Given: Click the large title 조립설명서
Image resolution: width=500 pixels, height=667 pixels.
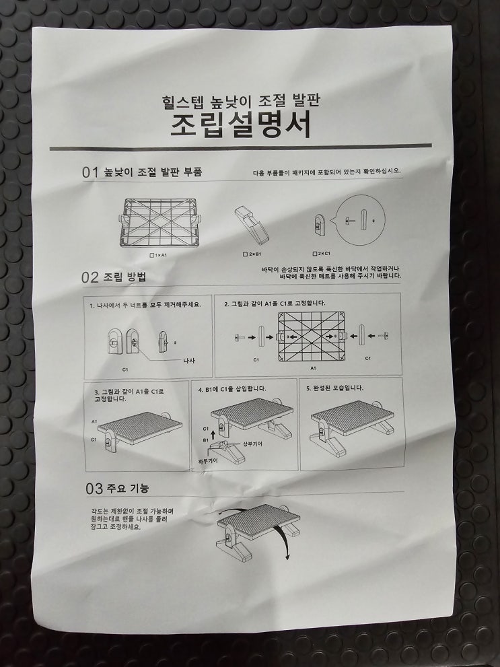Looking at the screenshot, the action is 241,124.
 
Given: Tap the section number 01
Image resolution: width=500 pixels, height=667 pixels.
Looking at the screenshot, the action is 90,173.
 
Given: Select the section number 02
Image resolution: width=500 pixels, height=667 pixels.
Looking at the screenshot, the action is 90,277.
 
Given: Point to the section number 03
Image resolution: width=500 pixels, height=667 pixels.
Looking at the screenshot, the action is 94,489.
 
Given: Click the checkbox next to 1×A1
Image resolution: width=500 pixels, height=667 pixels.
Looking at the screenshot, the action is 152,255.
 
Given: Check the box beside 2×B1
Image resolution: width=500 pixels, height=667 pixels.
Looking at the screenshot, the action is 245,254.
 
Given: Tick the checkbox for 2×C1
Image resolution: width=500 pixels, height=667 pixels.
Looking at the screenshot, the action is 315,254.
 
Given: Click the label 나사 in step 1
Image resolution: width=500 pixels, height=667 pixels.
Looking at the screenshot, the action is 188,361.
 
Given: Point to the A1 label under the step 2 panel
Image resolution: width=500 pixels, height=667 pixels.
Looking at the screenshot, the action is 314,368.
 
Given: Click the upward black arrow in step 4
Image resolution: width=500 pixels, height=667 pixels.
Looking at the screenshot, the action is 213,435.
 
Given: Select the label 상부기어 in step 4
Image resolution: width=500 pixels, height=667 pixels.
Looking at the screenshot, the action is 252,444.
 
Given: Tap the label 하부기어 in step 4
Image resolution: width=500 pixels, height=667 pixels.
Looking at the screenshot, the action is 208,460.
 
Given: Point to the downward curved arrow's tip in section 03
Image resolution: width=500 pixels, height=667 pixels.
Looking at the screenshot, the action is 288,559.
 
